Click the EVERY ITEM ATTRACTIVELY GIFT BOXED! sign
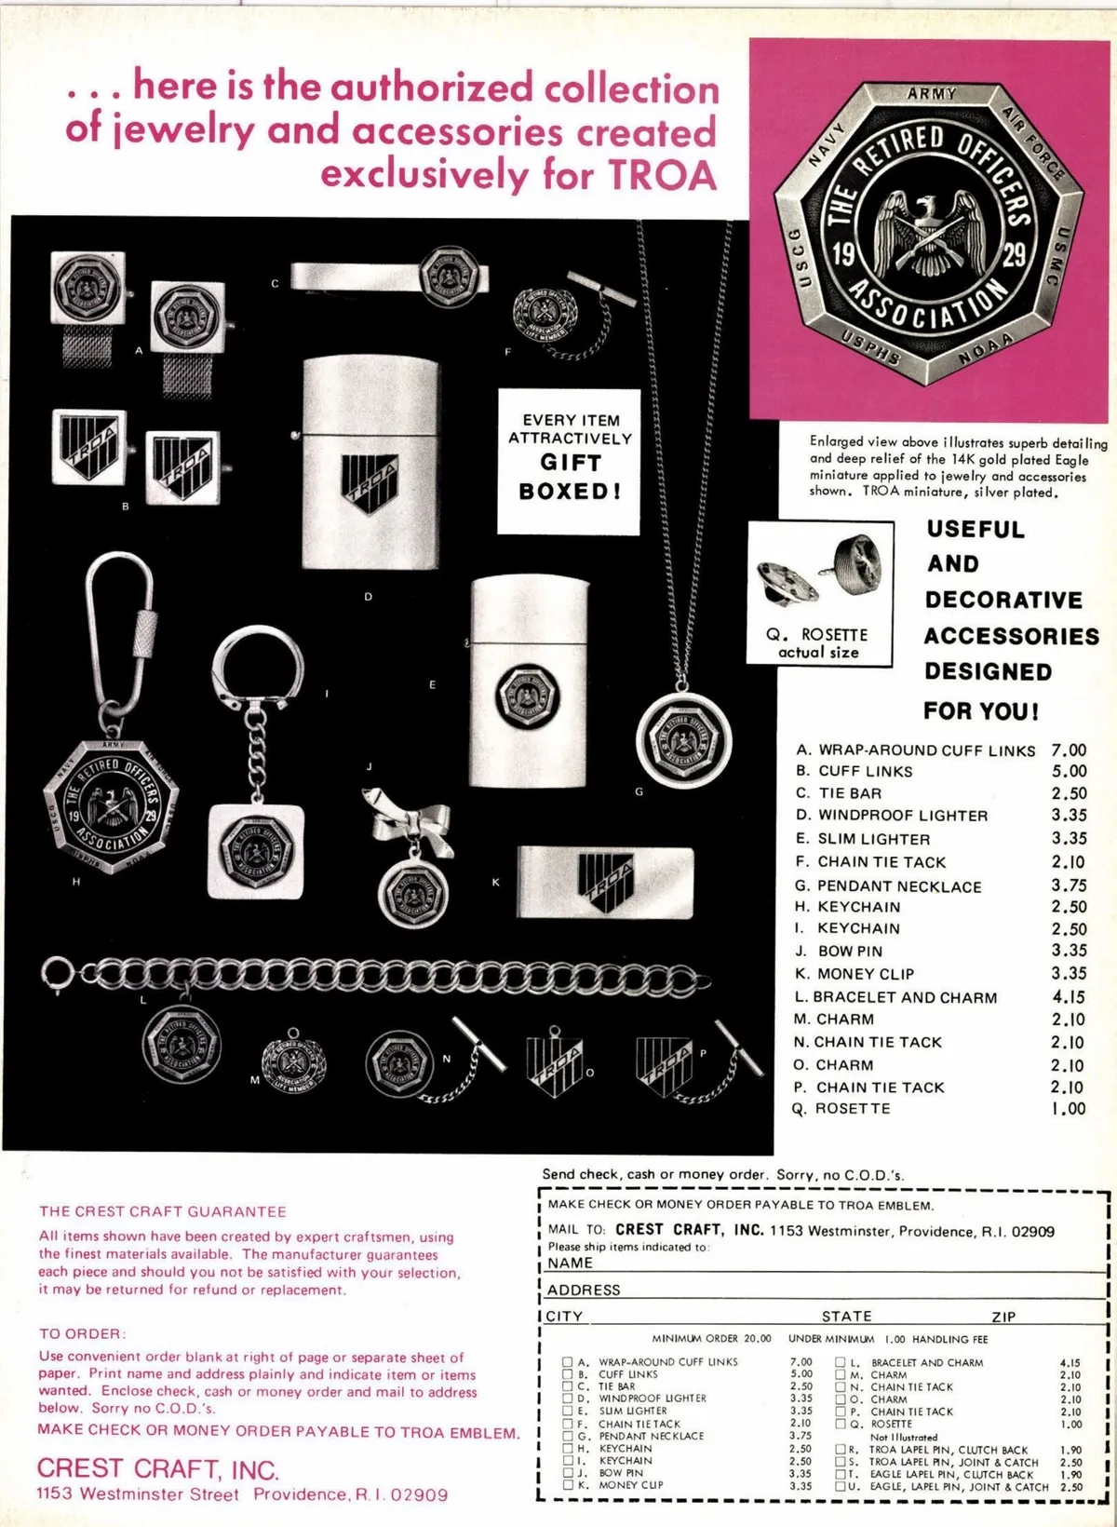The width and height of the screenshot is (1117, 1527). [569, 460]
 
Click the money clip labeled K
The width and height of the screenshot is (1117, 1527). [605, 880]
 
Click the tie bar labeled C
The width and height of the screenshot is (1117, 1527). [388, 277]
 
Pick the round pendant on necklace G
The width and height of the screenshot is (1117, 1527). [682, 742]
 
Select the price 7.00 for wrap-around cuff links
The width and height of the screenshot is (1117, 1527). [1069, 750]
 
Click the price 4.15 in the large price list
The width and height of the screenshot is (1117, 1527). [1069, 996]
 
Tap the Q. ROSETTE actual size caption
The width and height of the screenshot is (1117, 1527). [817, 642]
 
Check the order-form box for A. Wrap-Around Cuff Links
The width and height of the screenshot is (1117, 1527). [567, 1362]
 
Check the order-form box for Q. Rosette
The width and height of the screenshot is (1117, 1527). [841, 1424]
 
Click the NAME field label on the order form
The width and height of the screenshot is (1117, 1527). [570, 1263]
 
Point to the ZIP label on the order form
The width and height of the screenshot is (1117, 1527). [1003, 1317]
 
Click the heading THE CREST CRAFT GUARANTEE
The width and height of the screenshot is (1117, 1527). [162, 1211]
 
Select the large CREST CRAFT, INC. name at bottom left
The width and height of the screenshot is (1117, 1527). [157, 1469]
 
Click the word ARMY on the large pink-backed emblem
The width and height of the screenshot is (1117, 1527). [931, 94]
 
